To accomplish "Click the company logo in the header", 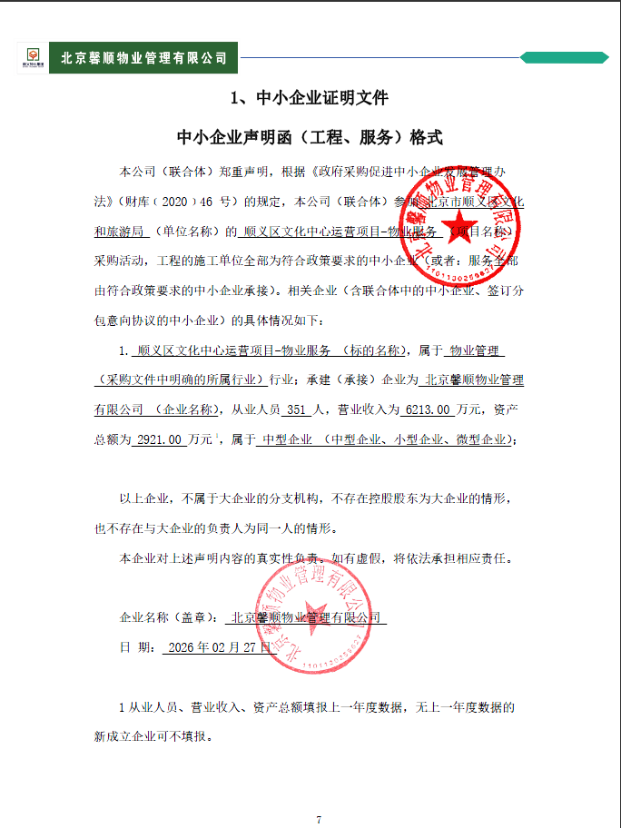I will (x=31, y=58).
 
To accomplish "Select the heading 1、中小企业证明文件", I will (x=310, y=97).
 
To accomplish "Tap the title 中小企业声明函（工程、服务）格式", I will (x=310, y=138).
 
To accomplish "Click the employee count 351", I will (x=298, y=410).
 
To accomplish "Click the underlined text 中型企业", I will (x=286, y=439).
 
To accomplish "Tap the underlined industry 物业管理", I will (x=476, y=350).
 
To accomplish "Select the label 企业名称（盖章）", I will (x=169, y=617).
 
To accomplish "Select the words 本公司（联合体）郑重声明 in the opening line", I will (x=185, y=170).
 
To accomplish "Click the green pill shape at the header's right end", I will (x=564, y=58).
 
